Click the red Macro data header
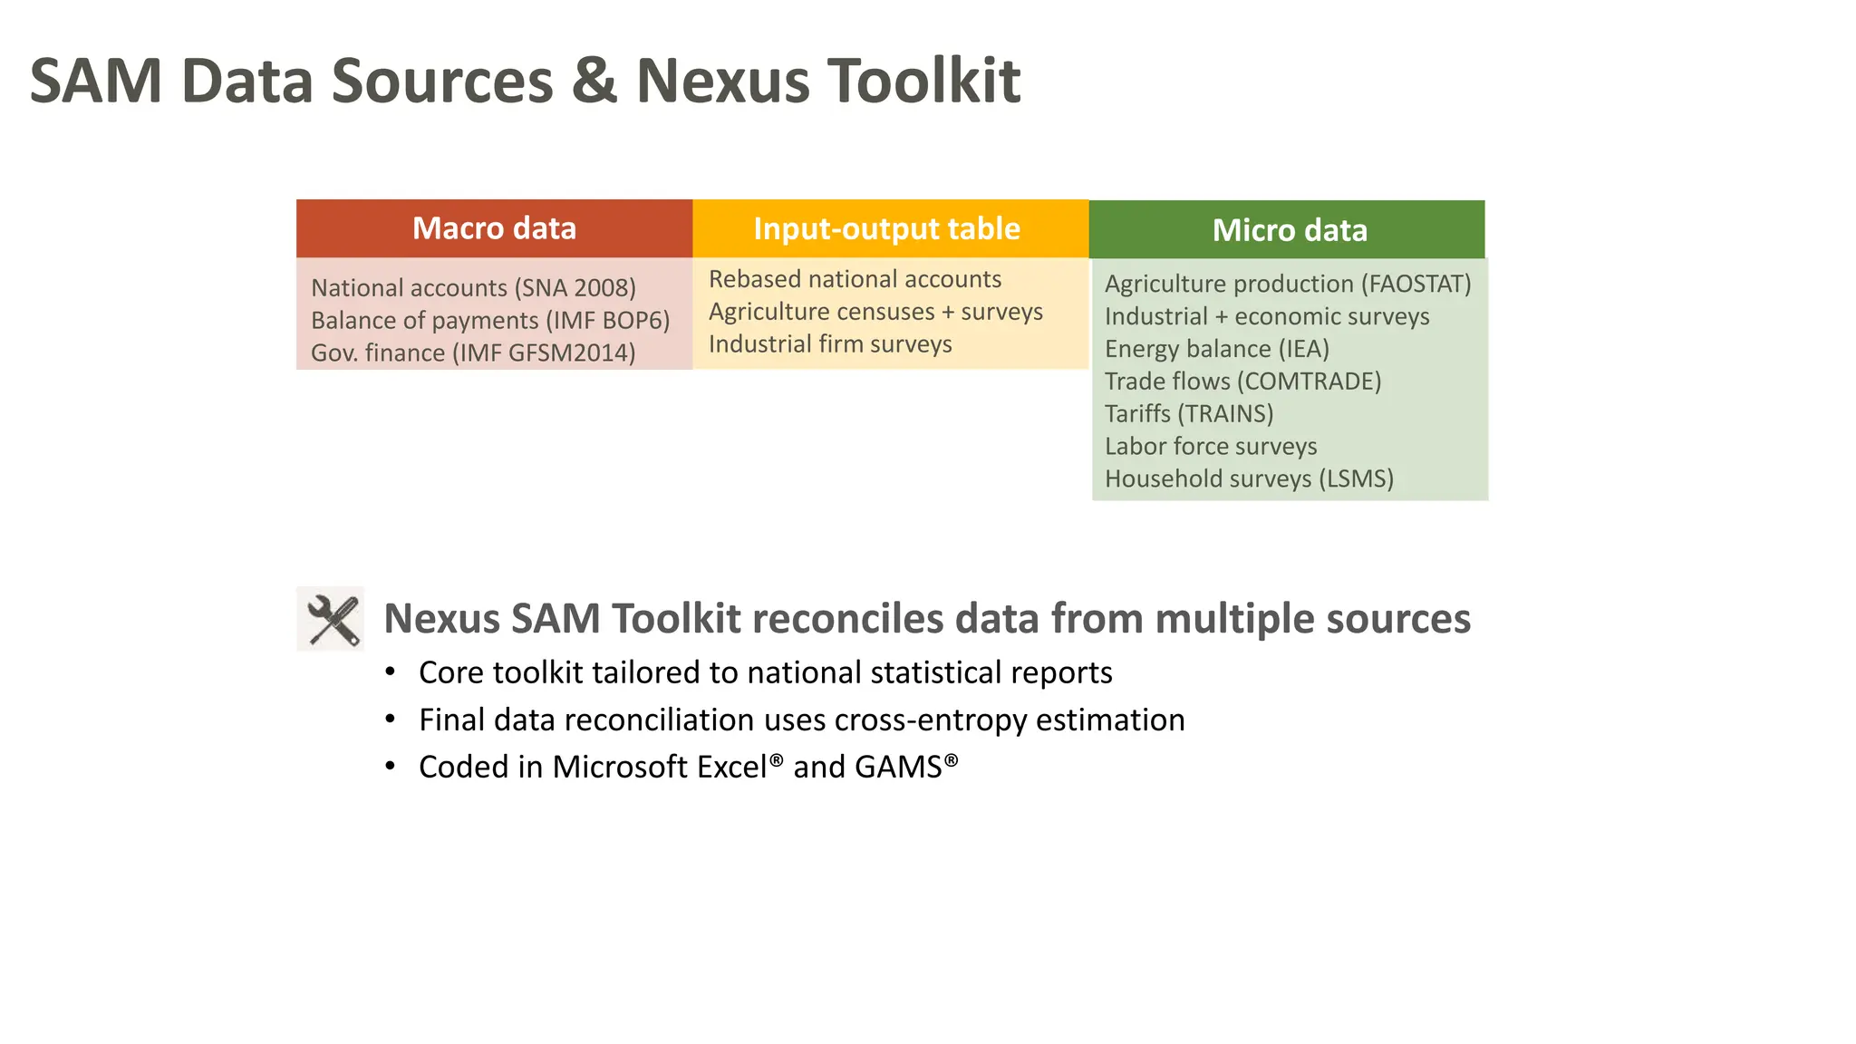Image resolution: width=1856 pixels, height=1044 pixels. (494, 228)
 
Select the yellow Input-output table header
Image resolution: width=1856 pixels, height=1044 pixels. (886, 228)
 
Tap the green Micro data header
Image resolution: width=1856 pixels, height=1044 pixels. (1289, 230)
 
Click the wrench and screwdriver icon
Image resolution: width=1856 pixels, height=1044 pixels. (331, 619)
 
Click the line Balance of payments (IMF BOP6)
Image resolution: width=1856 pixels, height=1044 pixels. (490, 321)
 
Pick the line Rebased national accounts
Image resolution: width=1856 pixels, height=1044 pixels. (855, 279)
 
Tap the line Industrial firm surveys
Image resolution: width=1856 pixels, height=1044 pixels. (830, 344)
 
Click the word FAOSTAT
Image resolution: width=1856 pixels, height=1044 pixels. (1416, 284)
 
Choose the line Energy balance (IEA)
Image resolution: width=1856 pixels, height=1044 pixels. (1216, 349)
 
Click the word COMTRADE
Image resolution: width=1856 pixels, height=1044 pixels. (1309, 382)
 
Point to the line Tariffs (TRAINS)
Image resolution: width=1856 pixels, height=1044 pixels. (1189, 414)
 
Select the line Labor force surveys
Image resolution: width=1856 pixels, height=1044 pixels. (1211, 447)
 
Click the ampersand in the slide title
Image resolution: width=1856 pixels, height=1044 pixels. (594, 82)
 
